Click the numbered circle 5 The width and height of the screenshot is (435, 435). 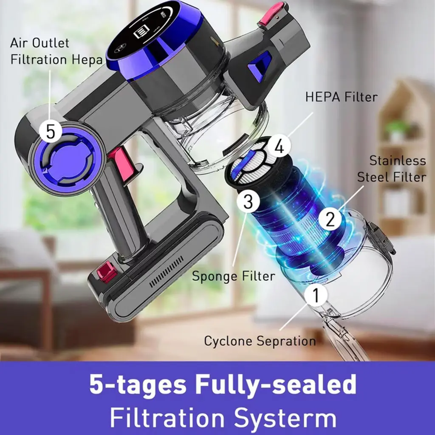click(x=51, y=131)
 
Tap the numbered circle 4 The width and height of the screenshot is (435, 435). click(x=279, y=147)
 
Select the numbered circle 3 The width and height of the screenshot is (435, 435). click(x=248, y=202)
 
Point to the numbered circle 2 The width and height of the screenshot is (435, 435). click(x=330, y=219)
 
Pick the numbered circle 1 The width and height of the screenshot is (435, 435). click(x=316, y=295)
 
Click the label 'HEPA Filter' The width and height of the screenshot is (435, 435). click(x=341, y=97)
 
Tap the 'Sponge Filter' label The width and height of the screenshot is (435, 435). click(x=234, y=276)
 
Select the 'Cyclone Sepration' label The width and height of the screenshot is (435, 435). click(x=260, y=341)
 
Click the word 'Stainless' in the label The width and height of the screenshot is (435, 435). click(x=398, y=161)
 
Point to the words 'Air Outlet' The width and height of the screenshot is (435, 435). click(x=40, y=43)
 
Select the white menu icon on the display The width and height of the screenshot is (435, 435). click(x=140, y=32)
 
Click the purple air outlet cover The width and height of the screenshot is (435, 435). click(x=66, y=160)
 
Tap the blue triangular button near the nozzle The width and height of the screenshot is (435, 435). click(x=259, y=66)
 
